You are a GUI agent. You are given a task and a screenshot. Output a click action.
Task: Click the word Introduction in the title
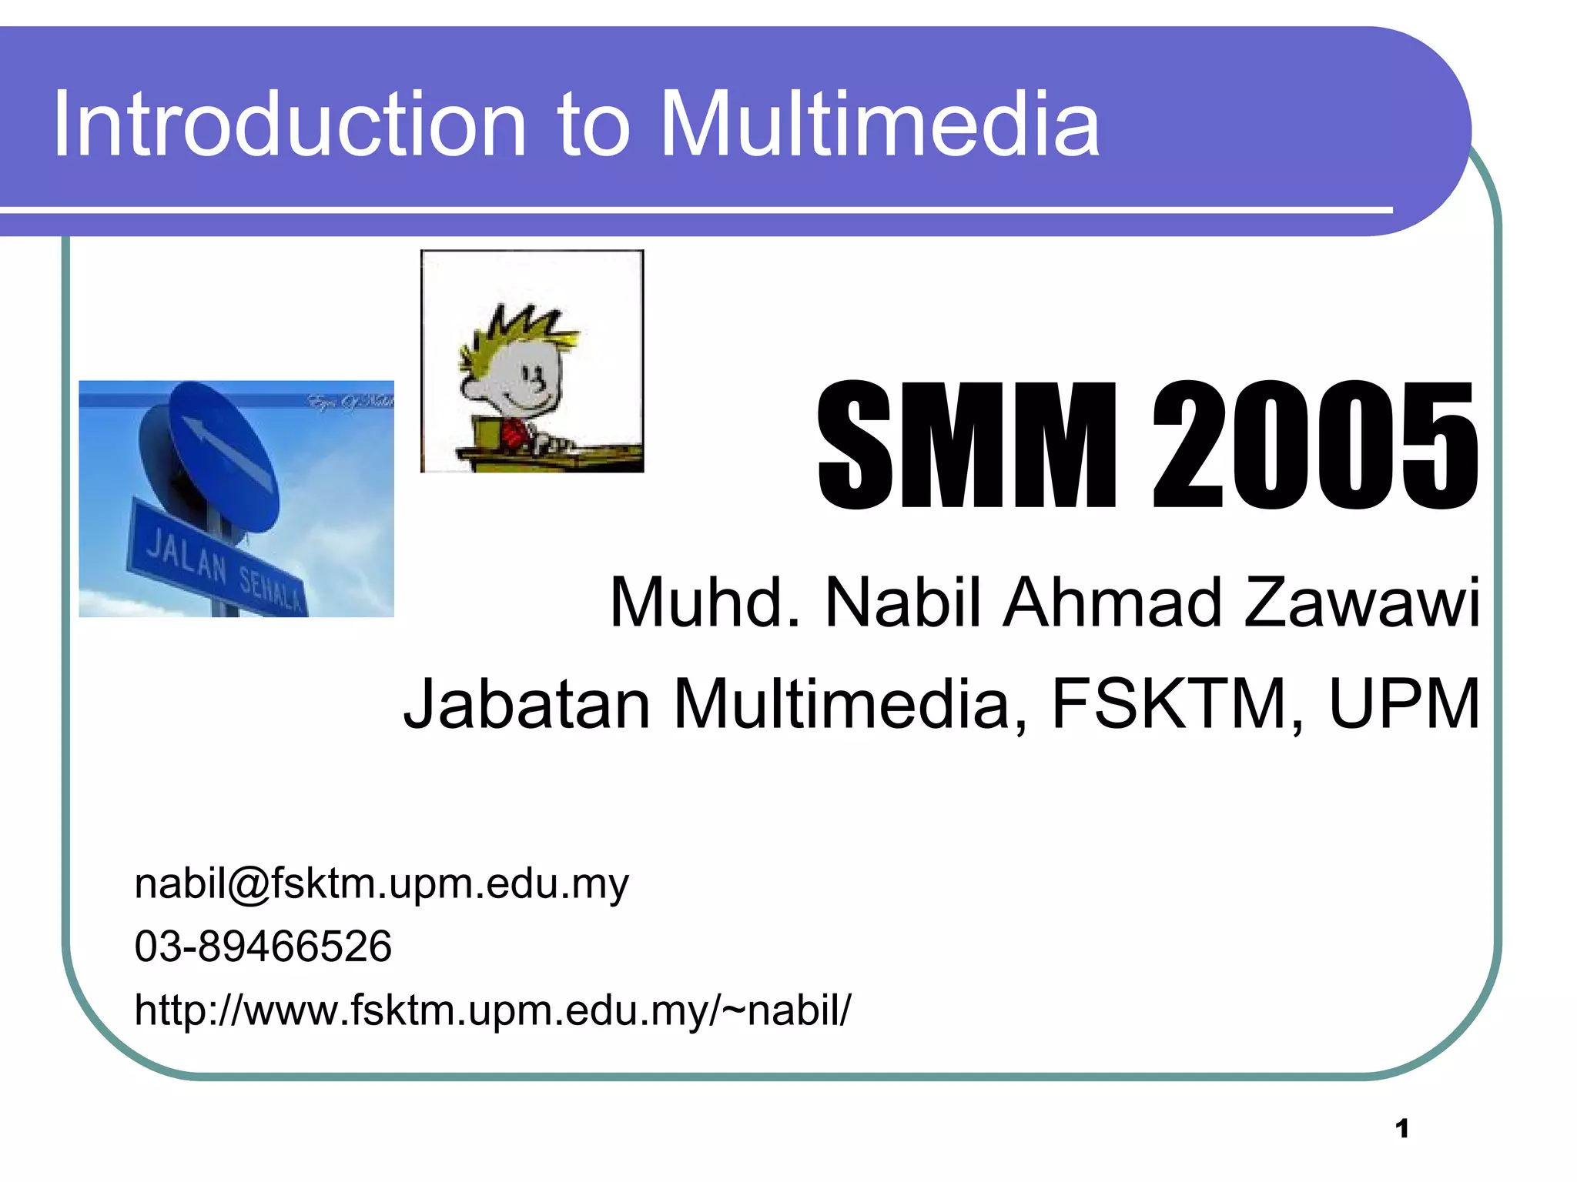pyautogui.click(x=289, y=125)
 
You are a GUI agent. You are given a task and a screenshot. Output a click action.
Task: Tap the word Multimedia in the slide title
pyautogui.click(x=880, y=125)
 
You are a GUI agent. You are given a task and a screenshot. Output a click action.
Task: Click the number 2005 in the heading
pyautogui.click(x=1315, y=446)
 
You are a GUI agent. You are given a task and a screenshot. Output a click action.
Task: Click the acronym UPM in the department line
pyautogui.click(x=1405, y=703)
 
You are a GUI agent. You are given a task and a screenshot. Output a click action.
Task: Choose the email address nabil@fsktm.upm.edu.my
pyautogui.click(x=381, y=883)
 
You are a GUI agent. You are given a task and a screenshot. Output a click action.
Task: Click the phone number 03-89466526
pyautogui.click(x=263, y=946)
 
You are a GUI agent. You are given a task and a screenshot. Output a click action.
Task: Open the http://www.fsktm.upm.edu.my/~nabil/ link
pyautogui.click(x=493, y=1010)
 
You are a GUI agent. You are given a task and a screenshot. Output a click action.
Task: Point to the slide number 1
pyautogui.click(x=1401, y=1129)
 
